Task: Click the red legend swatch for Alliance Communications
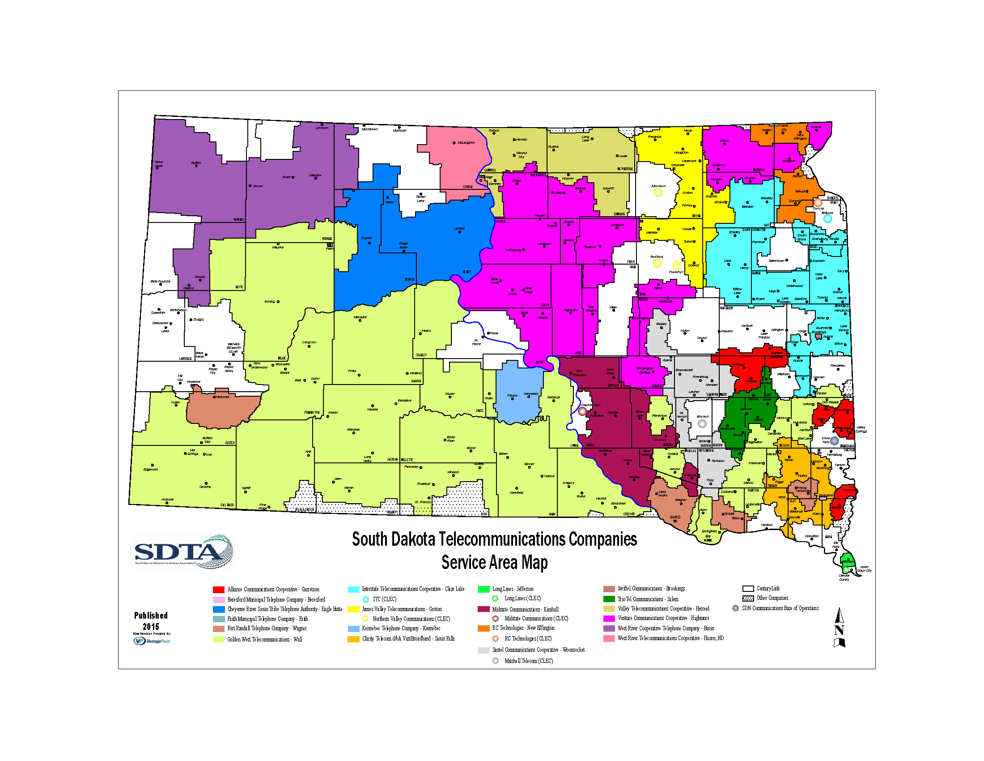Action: [219, 589]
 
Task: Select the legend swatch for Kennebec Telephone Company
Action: [354, 628]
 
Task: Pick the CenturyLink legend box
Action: [748, 588]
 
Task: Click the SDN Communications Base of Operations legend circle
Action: [735, 608]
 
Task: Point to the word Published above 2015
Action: [151, 616]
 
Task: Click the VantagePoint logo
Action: [152, 641]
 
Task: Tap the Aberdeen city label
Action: [658, 186]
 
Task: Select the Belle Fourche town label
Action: [161, 281]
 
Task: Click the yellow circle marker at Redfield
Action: [657, 263]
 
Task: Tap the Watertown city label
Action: [776, 261]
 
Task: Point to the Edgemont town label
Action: [150, 469]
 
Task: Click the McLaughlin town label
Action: [466, 142]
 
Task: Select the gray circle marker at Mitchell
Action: [702, 423]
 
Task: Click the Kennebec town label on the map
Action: [531, 393]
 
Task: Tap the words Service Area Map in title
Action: [494, 562]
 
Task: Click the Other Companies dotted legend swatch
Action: [748, 598]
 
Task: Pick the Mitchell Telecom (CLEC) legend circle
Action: [496, 661]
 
